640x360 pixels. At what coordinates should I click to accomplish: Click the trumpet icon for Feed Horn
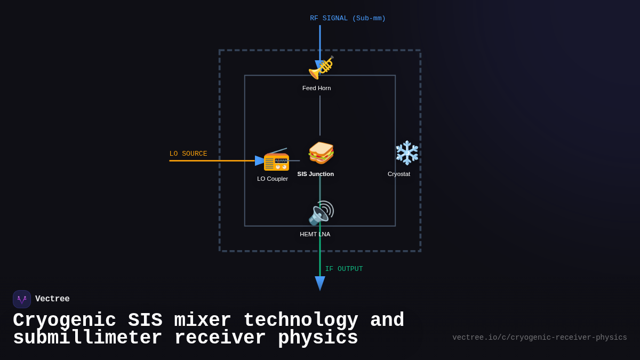click(x=321, y=67)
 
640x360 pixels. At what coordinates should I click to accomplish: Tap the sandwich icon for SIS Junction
click(x=321, y=153)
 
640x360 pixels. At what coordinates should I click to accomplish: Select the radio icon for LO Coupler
click(x=276, y=161)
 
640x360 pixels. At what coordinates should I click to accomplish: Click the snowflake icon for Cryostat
click(x=407, y=153)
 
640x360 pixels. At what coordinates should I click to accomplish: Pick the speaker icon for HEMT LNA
click(x=321, y=213)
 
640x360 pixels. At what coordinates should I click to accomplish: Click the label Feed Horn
click(x=316, y=88)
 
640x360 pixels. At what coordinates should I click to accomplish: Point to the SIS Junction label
click(x=315, y=174)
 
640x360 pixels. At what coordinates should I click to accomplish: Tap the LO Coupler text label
click(x=273, y=179)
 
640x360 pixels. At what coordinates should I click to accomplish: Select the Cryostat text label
click(x=399, y=174)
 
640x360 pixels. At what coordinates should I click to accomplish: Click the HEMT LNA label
click(x=315, y=234)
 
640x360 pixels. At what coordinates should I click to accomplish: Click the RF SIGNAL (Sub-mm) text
click(x=348, y=19)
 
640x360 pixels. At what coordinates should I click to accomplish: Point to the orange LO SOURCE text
click(x=188, y=154)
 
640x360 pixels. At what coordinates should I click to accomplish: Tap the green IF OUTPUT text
click(x=344, y=269)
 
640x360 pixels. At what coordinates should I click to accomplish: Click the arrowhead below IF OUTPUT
click(x=320, y=283)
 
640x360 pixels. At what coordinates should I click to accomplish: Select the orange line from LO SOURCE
click(x=213, y=161)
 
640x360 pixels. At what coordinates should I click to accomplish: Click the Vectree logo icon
click(x=22, y=299)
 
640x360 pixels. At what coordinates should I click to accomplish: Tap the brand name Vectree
click(x=52, y=299)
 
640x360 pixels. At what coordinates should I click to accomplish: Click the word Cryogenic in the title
click(x=64, y=321)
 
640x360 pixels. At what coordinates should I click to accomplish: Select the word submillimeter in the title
click(x=88, y=338)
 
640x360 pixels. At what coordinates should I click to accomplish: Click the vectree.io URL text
click(x=539, y=338)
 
